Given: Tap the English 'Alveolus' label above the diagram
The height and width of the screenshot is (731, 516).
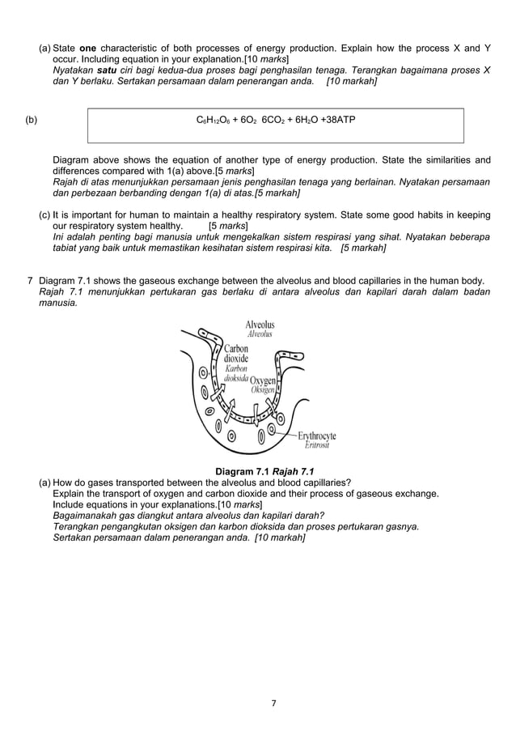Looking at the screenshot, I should click(260, 325).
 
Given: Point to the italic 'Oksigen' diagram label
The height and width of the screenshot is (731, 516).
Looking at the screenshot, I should click(264, 389).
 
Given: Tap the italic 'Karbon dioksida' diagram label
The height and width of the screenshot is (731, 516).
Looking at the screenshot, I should click(235, 375).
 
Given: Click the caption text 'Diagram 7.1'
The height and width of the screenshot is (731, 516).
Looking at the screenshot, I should click(240, 472).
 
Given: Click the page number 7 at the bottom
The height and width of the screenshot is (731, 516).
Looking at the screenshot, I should click(273, 703).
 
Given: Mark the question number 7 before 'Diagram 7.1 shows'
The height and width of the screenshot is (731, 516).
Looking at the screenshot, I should click(31, 281).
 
